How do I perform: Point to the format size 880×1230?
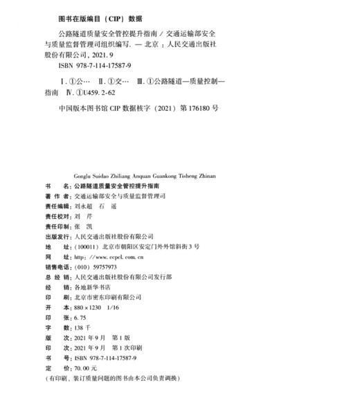[82, 305]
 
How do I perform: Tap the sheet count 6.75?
[71, 319]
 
